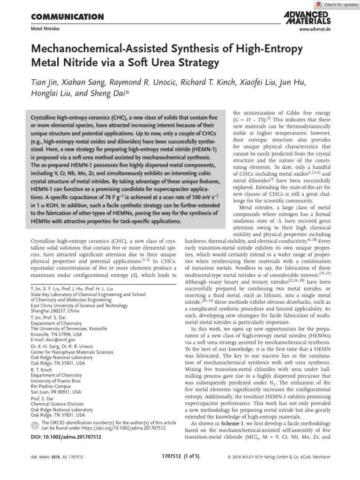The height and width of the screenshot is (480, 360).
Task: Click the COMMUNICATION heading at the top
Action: point(67,17)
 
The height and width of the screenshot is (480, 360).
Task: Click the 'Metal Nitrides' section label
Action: point(45,29)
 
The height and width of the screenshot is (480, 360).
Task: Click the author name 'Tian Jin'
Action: point(47,83)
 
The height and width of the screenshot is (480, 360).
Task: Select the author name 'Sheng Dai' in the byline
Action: point(120,94)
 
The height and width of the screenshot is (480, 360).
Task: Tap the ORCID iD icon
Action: point(35,425)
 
